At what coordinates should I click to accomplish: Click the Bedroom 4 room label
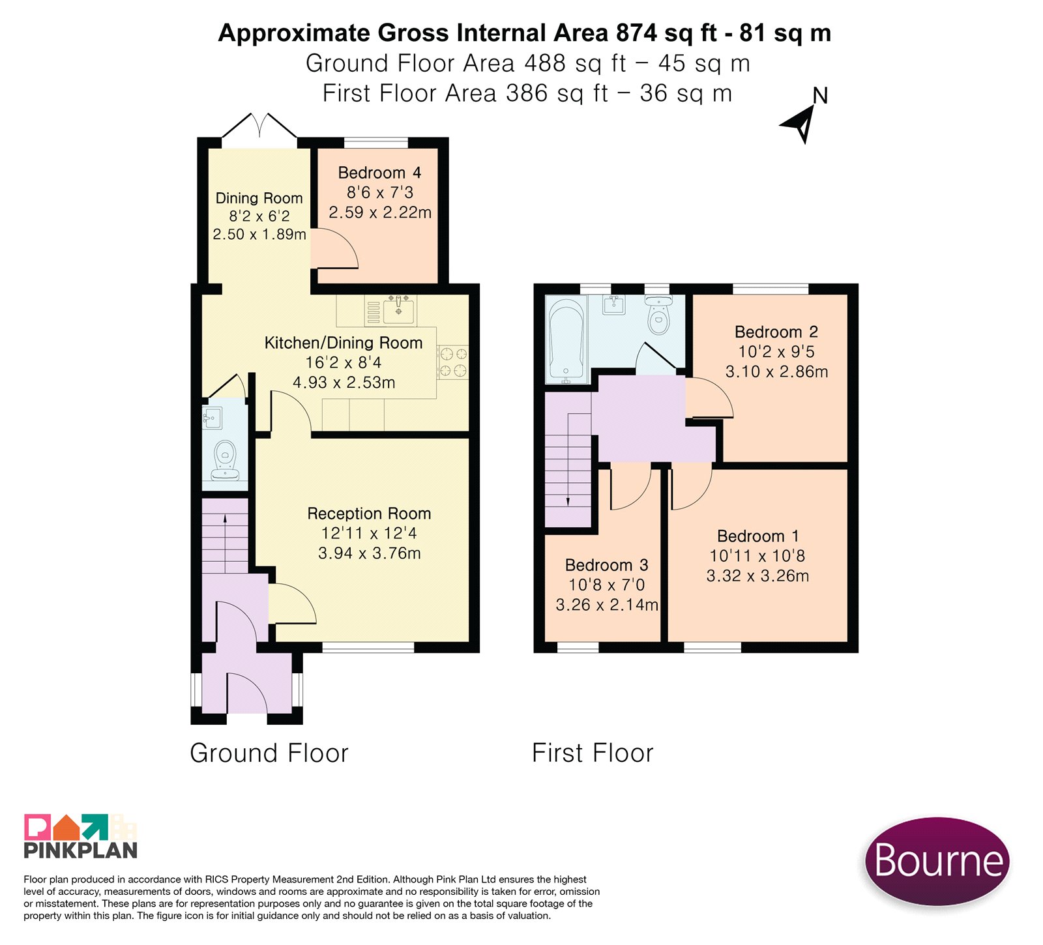click(x=379, y=173)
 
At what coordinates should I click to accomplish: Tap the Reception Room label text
click(x=369, y=514)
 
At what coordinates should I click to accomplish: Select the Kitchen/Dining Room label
click(x=344, y=343)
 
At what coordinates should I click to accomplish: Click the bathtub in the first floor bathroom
click(x=567, y=340)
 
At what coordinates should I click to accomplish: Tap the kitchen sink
click(x=398, y=310)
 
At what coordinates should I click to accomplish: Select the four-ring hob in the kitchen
click(x=453, y=362)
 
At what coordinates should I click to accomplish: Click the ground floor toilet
click(x=226, y=459)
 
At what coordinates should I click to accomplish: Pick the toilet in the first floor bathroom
click(x=658, y=315)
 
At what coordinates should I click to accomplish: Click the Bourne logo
click(x=937, y=861)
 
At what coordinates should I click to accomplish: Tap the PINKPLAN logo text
click(x=81, y=850)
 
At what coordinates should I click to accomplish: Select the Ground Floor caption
click(x=269, y=753)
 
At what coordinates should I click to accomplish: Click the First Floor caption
click(x=593, y=753)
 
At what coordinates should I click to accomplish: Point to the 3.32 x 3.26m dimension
click(x=758, y=576)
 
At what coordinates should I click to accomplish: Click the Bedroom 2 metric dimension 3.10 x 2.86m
click(x=777, y=371)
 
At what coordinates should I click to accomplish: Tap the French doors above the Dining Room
click(x=259, y=126)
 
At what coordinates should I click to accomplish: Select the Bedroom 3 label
click(x=607, y=565)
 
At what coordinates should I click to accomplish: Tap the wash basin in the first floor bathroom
click(x=613, y=304)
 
